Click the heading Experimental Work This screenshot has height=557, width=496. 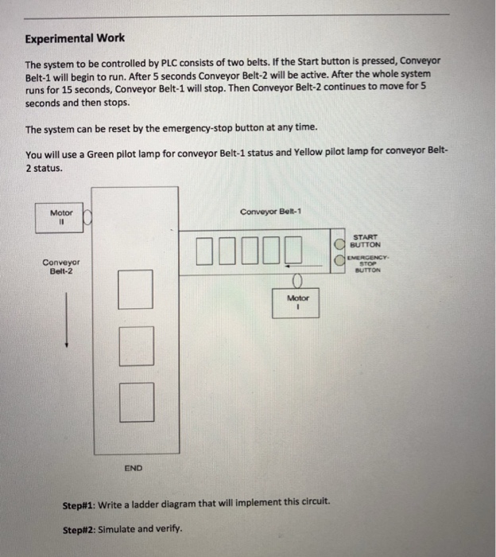click(75, 37)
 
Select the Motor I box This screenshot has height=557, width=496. click(296, 302)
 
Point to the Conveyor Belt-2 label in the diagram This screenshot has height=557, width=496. click(60, 266)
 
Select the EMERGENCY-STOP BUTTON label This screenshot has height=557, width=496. click(366, 263)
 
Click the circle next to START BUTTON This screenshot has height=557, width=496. click(339, 243)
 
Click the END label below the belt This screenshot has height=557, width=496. click(133, 468)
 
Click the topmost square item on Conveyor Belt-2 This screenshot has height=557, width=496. click(135, 289)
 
